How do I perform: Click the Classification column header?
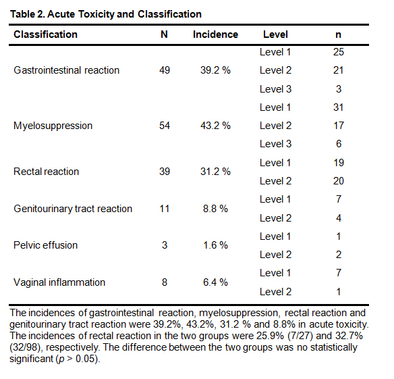45,34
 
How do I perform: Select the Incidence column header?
215,34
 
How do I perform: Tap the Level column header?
275,34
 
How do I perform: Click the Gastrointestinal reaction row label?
66,70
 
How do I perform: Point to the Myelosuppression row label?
53,126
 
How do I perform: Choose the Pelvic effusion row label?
45,245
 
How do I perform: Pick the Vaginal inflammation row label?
59,282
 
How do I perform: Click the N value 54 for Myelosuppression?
165,126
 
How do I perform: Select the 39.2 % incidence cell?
215,70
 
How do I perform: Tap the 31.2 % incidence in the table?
215,172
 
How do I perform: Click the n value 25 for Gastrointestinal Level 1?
339,52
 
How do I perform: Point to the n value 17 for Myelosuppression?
339,126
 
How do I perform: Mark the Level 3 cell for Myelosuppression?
275,144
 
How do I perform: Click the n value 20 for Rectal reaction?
339,181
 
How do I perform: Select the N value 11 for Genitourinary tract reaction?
165,209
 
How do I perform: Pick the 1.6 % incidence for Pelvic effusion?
215,245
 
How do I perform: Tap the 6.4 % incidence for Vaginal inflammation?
215,282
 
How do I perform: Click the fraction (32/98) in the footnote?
25,347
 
